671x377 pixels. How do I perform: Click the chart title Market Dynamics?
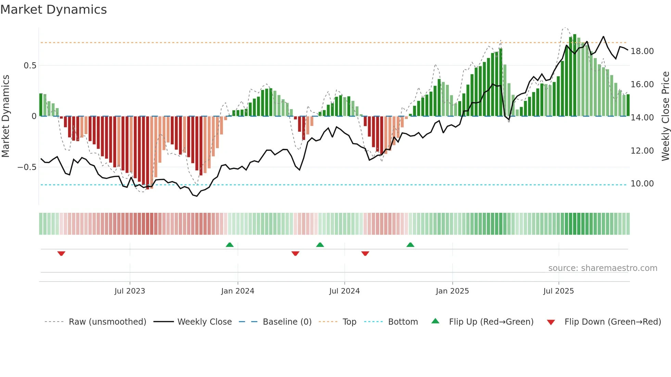pos(53,10)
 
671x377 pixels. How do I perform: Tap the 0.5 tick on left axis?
pos(30,65)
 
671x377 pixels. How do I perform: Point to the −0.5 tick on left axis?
pos(27,167)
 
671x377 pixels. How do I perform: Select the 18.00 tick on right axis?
pos(642,51)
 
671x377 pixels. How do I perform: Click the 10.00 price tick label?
pos(642,184)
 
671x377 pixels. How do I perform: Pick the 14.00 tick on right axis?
pos(642,118)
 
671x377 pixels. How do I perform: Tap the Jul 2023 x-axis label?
pos(130,291)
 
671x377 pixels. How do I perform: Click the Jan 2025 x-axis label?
pos(452,291)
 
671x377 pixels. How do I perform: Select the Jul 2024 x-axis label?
pos(344,291)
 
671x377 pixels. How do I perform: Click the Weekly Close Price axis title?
pos(665,116)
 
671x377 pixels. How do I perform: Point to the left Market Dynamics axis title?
pos(5,116)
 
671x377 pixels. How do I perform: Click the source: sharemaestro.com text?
pos(603,268)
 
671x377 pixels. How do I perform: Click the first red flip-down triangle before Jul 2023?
pos(61,253)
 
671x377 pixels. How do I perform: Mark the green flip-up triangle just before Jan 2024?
pos(230,245)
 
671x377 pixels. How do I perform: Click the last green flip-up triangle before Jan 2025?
pos(410,245)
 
